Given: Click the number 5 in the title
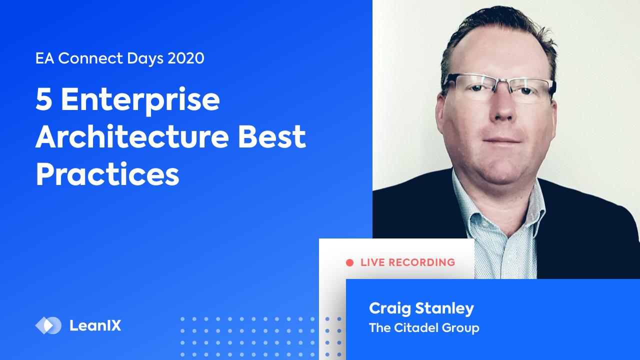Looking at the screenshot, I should point(44,99).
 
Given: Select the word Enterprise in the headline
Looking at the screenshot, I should point(140,99).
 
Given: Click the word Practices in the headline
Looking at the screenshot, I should point(107,175).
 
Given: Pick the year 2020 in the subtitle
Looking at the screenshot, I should point(186,58).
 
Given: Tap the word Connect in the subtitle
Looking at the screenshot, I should point(88,58).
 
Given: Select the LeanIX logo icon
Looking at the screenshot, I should point(48,325).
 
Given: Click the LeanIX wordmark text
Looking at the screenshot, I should point(95,326).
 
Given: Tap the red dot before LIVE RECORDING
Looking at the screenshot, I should point(349,262).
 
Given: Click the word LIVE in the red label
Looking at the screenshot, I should point(372,262).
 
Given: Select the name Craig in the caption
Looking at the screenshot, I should point(387,308).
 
